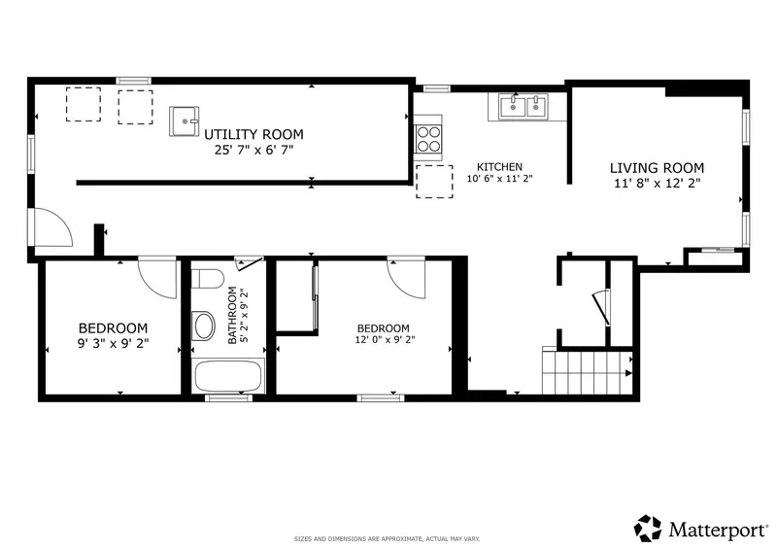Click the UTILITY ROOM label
tap(253, 134)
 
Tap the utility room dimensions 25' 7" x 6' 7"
tap(253, 150)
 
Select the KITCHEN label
tap(499, 167)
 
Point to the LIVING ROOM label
tap(657, 168)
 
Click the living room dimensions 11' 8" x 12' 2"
tap(658, 184)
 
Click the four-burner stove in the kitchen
tap(428, 139)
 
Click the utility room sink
tap(184, 121)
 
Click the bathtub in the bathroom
tap(228, 376)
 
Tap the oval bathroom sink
tap(203, 326)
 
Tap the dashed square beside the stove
tap(434, 182)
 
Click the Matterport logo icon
tap(648, 529)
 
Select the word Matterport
tap(717, 531)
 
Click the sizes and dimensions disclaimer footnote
tap(387, 539)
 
